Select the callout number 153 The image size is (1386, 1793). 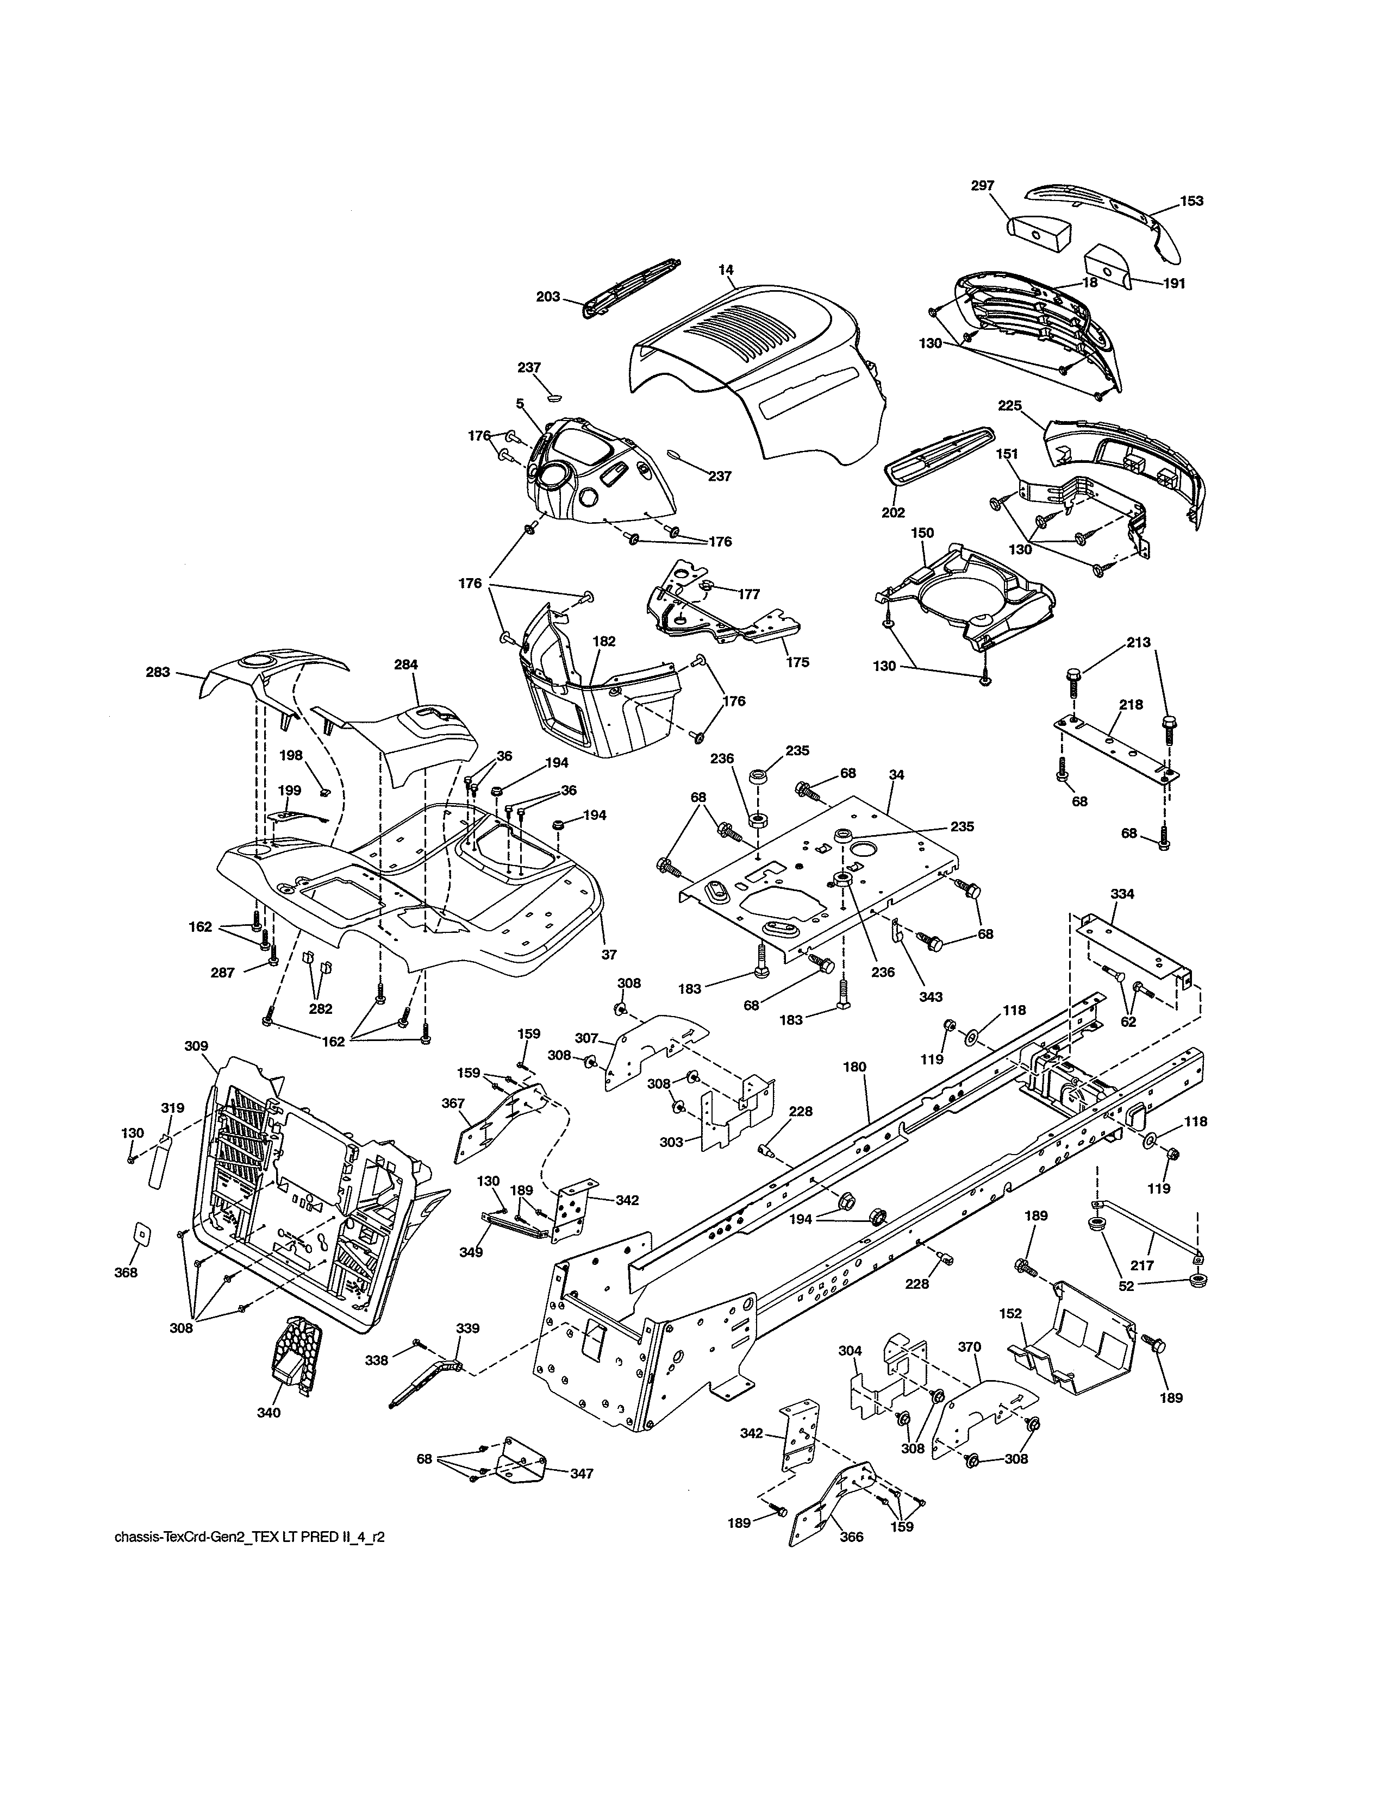pos(1191,201)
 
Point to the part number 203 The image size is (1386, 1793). pos(548,297)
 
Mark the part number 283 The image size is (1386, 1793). pos(158,673)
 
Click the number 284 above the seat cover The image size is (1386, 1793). pos(405,665)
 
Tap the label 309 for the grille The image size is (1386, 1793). pos(196,1046)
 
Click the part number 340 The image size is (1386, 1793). pos(269,1413)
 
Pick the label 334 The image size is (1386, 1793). pos(1122,894)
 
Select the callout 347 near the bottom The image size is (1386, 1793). pos(582,1474)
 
